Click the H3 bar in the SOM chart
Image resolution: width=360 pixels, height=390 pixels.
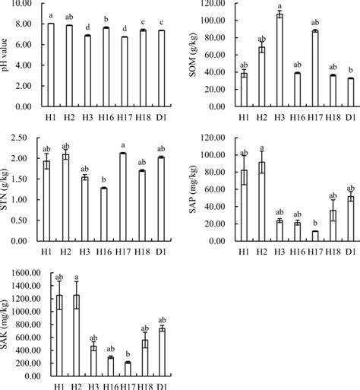point(279,61)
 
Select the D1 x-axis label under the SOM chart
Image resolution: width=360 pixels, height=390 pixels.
point(351,119)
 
